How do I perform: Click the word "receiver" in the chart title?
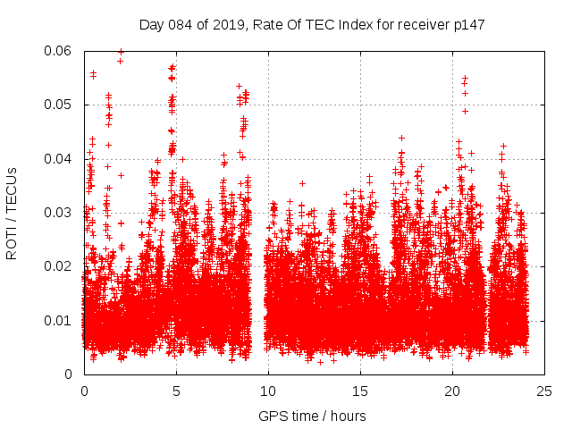(x=417, y=25)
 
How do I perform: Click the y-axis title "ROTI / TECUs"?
(x=13, y=213)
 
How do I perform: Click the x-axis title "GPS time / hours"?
(x=312, y=416)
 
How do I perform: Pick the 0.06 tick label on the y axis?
(x=59, y=51)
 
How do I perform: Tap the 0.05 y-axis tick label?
(x=59, y=105)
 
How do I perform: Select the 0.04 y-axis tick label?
(x=59, y=159)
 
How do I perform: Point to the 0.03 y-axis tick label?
(x=59, y=213)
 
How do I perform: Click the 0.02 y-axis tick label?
(x=59, y=266)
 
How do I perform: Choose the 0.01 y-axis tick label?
(x=59, y=320)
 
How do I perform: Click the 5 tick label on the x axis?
(x=176, y=391)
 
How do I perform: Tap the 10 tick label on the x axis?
(x=268, y=391)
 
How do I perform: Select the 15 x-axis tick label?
(x=360, y=391)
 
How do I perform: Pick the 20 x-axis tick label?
(x=452, y=391)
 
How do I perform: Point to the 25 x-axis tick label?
(x=544, y=391)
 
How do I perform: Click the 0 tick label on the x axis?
(x=84, y=391)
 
